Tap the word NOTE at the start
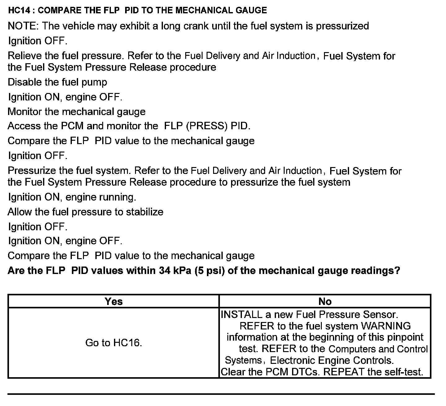click(x=22, y=26)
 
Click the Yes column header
click(x=114, y=301)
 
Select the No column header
click(x=325, y=301)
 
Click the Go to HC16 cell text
click(x=114, y=343)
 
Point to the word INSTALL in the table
click(x=242, y=315)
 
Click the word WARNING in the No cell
click(x=386, y=326)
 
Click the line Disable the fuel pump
click(x=57, y=82)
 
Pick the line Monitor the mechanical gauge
click(x=77, y=112)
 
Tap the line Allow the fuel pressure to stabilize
click(x=85, y=212)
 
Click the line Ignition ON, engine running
click(x=72, y=197)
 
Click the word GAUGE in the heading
click(x=251, y=11)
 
